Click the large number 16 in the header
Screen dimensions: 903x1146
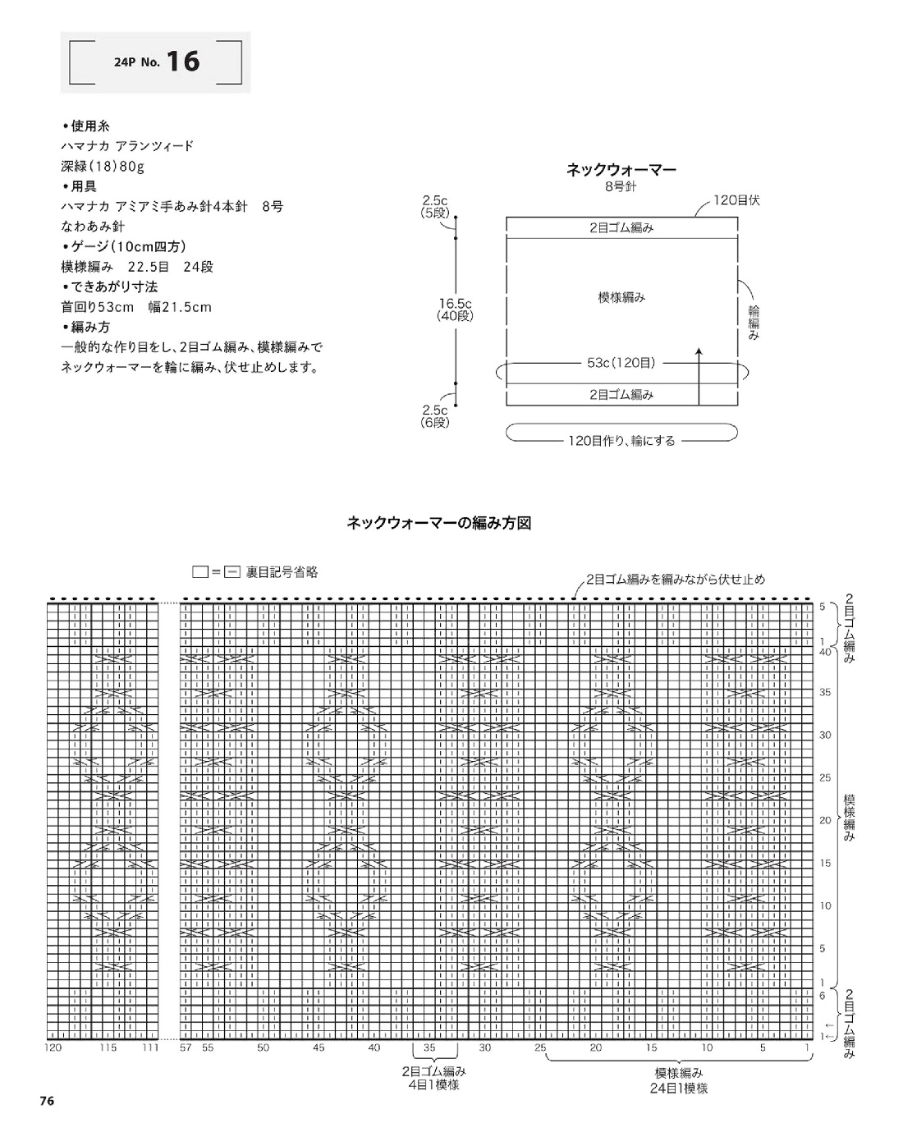click(x=183, y=62)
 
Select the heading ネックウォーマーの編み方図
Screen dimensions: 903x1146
click(x=439, y=523)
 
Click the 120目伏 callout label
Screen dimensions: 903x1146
click(x=737, y=201)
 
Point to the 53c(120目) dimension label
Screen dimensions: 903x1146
click(x=621, y=363)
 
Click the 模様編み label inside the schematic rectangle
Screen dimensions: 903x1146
click(x=621, y=297)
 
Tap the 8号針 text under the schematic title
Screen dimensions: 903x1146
click(x=621, y=186)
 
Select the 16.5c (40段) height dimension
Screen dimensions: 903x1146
click(x=456, y=309)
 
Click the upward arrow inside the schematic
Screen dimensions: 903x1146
click(x=699, y=376)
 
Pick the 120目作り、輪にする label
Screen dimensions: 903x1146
click(x=621, y=441)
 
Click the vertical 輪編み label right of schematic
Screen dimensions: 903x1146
click(x=754, y=323)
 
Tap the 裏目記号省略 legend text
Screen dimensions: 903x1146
click(x=282, y=572)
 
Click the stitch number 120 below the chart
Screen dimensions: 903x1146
click(x=53, y=1047)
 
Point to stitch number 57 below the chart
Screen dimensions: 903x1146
click(x=186, y=1047)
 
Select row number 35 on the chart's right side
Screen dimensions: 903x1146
click(x=825, y=692)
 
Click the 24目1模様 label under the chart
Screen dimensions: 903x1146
click(x=679, y=1089)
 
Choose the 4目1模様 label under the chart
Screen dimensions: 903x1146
click(x=435, y=1084)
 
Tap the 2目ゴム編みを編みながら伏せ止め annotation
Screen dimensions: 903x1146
click(x=676, y=579)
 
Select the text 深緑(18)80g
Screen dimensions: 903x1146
click(x=103, y=167)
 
